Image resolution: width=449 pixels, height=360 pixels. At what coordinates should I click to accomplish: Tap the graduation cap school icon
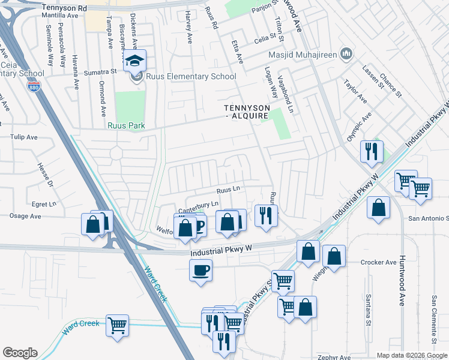click(135, 61)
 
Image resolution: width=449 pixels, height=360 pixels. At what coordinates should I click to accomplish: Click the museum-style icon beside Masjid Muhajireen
click(345, 55)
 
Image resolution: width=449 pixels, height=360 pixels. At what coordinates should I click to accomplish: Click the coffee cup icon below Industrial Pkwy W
click(201, 269)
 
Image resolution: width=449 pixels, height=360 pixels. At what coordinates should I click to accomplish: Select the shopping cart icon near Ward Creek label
click(118, 326)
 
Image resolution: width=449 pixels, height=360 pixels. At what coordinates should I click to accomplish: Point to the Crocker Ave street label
click(378, 262)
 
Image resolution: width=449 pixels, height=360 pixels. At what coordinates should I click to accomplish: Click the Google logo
click(20, 353)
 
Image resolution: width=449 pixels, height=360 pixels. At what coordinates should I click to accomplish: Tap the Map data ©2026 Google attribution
click(411, 355)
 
